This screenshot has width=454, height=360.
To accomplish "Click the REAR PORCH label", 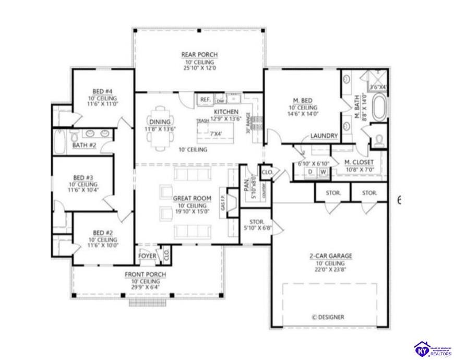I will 199,55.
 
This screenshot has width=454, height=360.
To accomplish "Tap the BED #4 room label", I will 102,92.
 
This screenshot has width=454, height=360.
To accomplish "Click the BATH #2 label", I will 83,145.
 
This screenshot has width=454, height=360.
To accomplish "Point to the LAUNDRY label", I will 324,136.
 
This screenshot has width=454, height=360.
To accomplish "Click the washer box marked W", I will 324,172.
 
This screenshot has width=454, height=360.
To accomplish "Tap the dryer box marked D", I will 309,172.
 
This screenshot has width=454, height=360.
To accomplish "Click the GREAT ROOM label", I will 192,198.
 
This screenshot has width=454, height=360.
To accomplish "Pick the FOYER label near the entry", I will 147,256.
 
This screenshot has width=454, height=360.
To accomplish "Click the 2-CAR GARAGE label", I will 331,256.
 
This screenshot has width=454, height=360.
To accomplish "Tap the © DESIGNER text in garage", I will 328,317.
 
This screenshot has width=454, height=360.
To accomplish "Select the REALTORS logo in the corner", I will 433,349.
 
